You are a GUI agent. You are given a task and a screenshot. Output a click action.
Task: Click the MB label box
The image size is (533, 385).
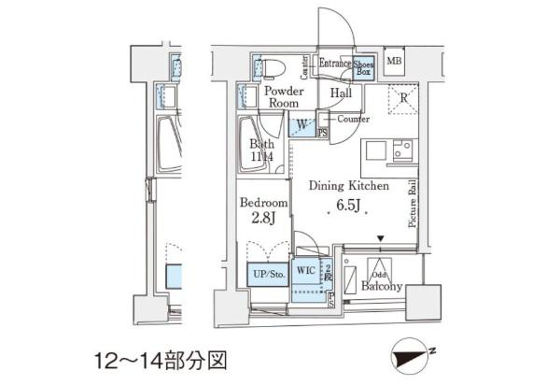coord(395,64)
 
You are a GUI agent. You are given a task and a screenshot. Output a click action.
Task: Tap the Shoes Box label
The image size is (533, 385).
coord(364,67)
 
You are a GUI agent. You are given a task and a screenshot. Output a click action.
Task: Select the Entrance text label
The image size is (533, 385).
coord(334,64)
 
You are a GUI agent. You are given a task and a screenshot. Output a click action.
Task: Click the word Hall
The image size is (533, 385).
coord(341,93)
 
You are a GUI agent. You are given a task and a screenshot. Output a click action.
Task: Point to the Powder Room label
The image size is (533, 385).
coord(283,97)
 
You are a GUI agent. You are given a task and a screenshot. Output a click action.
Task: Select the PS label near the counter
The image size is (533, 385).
coord(322,134)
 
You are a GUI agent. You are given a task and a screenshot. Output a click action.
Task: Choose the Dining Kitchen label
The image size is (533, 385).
coord(347,185)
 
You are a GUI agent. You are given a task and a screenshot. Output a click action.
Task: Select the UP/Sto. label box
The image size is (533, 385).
coord(266,273)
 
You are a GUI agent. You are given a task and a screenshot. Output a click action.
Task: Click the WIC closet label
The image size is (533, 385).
coord(305,271)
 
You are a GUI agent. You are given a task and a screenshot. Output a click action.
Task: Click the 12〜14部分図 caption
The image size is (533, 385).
coord(160,360)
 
